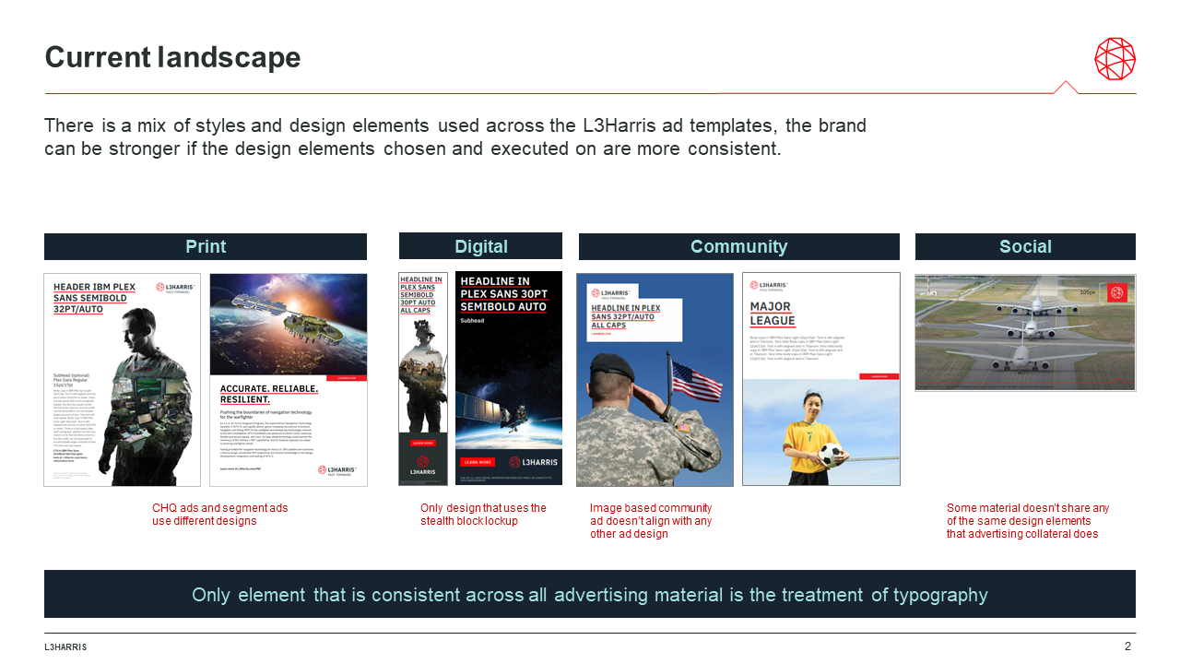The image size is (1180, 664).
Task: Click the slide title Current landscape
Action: [172, 58]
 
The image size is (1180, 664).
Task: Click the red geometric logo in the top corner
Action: [1115, 59]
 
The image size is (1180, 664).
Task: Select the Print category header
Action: [206, 246]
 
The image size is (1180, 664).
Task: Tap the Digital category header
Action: [480, 246]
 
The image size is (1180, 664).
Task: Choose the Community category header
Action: [738, 246]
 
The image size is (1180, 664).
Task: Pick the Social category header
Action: [1025, 246]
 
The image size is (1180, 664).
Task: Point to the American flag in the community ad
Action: [696, 381]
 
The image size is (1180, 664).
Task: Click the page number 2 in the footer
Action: [1127, 646]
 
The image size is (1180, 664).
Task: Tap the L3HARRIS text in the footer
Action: [65, 647]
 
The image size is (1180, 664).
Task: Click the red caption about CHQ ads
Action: [220, 515]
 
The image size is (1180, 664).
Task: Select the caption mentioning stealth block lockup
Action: [483, 515]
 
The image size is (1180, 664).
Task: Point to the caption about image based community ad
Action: [651, 521]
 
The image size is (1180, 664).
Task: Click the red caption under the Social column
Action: [1027, 521]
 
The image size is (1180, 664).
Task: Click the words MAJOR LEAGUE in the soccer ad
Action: [772, 314]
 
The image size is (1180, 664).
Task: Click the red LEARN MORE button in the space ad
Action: [478, 461]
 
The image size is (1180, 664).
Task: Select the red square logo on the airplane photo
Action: [1117, 293]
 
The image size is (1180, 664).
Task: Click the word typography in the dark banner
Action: [940, 595]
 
